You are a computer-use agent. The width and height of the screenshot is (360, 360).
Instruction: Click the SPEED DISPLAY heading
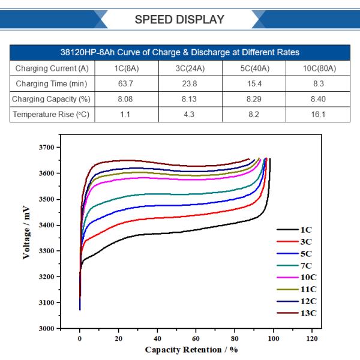pos(179,19)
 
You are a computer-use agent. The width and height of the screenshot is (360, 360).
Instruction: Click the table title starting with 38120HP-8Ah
pos(180,52)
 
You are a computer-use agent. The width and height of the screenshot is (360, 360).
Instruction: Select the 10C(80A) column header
pos(319,68)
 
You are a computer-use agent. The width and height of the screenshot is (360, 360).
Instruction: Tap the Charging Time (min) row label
pos(51,83)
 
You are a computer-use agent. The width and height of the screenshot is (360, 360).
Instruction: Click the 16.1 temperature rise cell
pos(319,114)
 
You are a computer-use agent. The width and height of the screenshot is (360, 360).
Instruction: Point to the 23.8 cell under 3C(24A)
pos(189,83)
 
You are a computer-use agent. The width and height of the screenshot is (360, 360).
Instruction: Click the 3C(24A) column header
pos(189,68)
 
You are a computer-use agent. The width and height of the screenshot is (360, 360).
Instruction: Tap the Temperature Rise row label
pos(51,114)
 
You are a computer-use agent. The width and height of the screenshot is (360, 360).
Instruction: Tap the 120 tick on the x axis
pos(312,339)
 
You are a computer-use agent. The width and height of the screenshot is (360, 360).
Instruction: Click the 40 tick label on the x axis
pos(157,339)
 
